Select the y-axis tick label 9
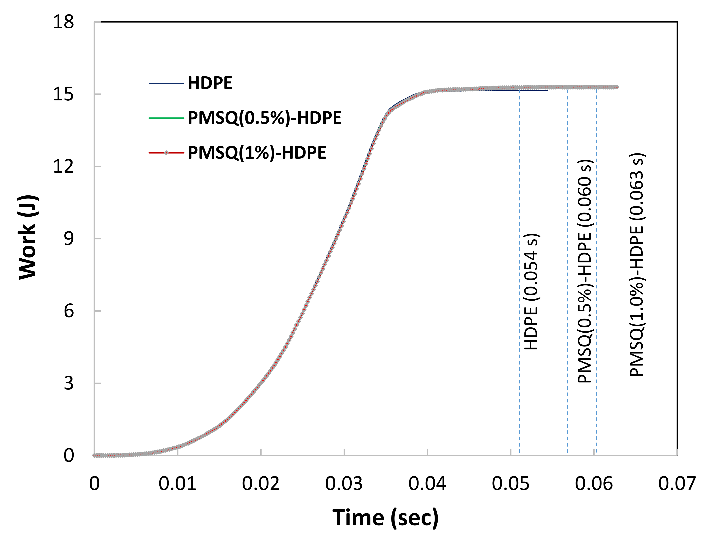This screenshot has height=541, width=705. [x=69, y=239]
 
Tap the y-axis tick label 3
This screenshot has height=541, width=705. [x=69, y=383]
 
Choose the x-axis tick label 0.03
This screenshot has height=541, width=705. [x=344, y=484]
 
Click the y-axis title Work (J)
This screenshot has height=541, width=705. [x=28, y=237]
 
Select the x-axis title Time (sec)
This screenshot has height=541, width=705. [x=385, y=518]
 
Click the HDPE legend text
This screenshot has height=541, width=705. [x=210, y=83]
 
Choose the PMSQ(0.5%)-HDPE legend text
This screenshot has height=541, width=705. [x=264, y=118]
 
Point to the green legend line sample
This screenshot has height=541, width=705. [x=166, y=118]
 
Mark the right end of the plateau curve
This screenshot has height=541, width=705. [x=617, y=87]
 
